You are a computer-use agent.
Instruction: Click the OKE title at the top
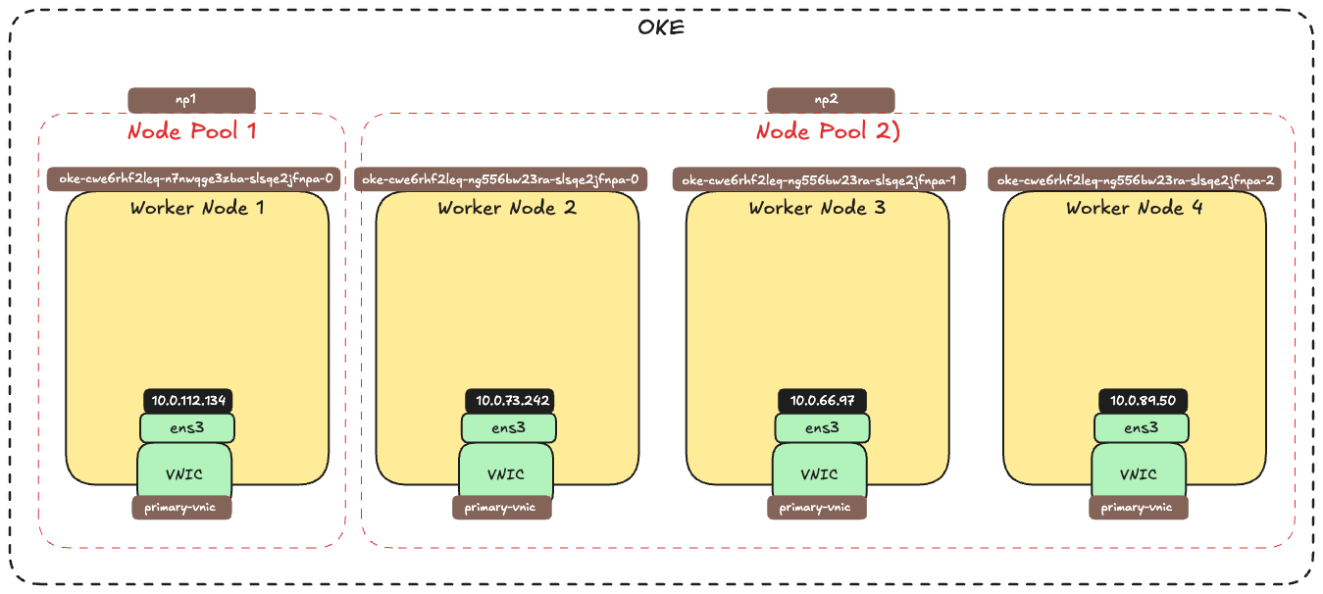(x=661, y=26)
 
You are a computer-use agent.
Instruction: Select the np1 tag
(x=191, y=100)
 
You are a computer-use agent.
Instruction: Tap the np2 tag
(x=830, y=100)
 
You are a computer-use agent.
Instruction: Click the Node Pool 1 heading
(x=191, y=131)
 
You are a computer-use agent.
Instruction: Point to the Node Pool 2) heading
(x=828, y=131)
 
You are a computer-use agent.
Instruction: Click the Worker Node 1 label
(x=197, y=208)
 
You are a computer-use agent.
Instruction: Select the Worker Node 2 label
(x=507, y=208)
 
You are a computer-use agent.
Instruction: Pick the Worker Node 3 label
(x=818, y=208)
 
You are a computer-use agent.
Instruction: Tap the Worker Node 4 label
(x=1135, y=208)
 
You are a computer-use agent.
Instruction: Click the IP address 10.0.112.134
(x=188, y=400)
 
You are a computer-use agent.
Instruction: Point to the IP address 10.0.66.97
(x=822, y=400)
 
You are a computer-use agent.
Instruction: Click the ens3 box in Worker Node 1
(x=187, y=427)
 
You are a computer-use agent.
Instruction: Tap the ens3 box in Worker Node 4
(x=1142, y=427)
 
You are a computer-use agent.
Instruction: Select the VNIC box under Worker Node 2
(x=506, y=474)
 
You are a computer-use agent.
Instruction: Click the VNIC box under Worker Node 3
(x=819, y=474)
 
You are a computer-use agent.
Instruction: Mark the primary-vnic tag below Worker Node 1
(x=182, y=508)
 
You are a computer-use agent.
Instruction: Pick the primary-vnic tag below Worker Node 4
(x=1138, y=508)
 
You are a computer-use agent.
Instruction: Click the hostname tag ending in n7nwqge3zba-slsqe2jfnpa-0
(x=194, y=179)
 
